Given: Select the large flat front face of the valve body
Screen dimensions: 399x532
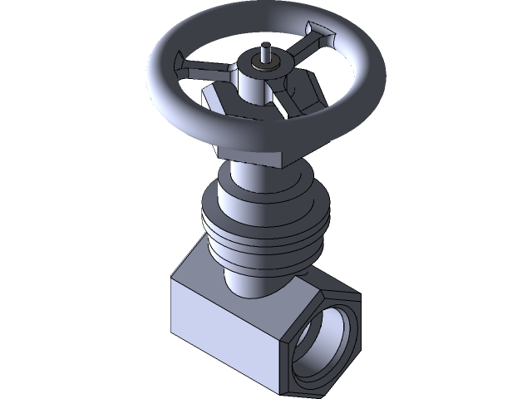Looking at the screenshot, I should [224, 332].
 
